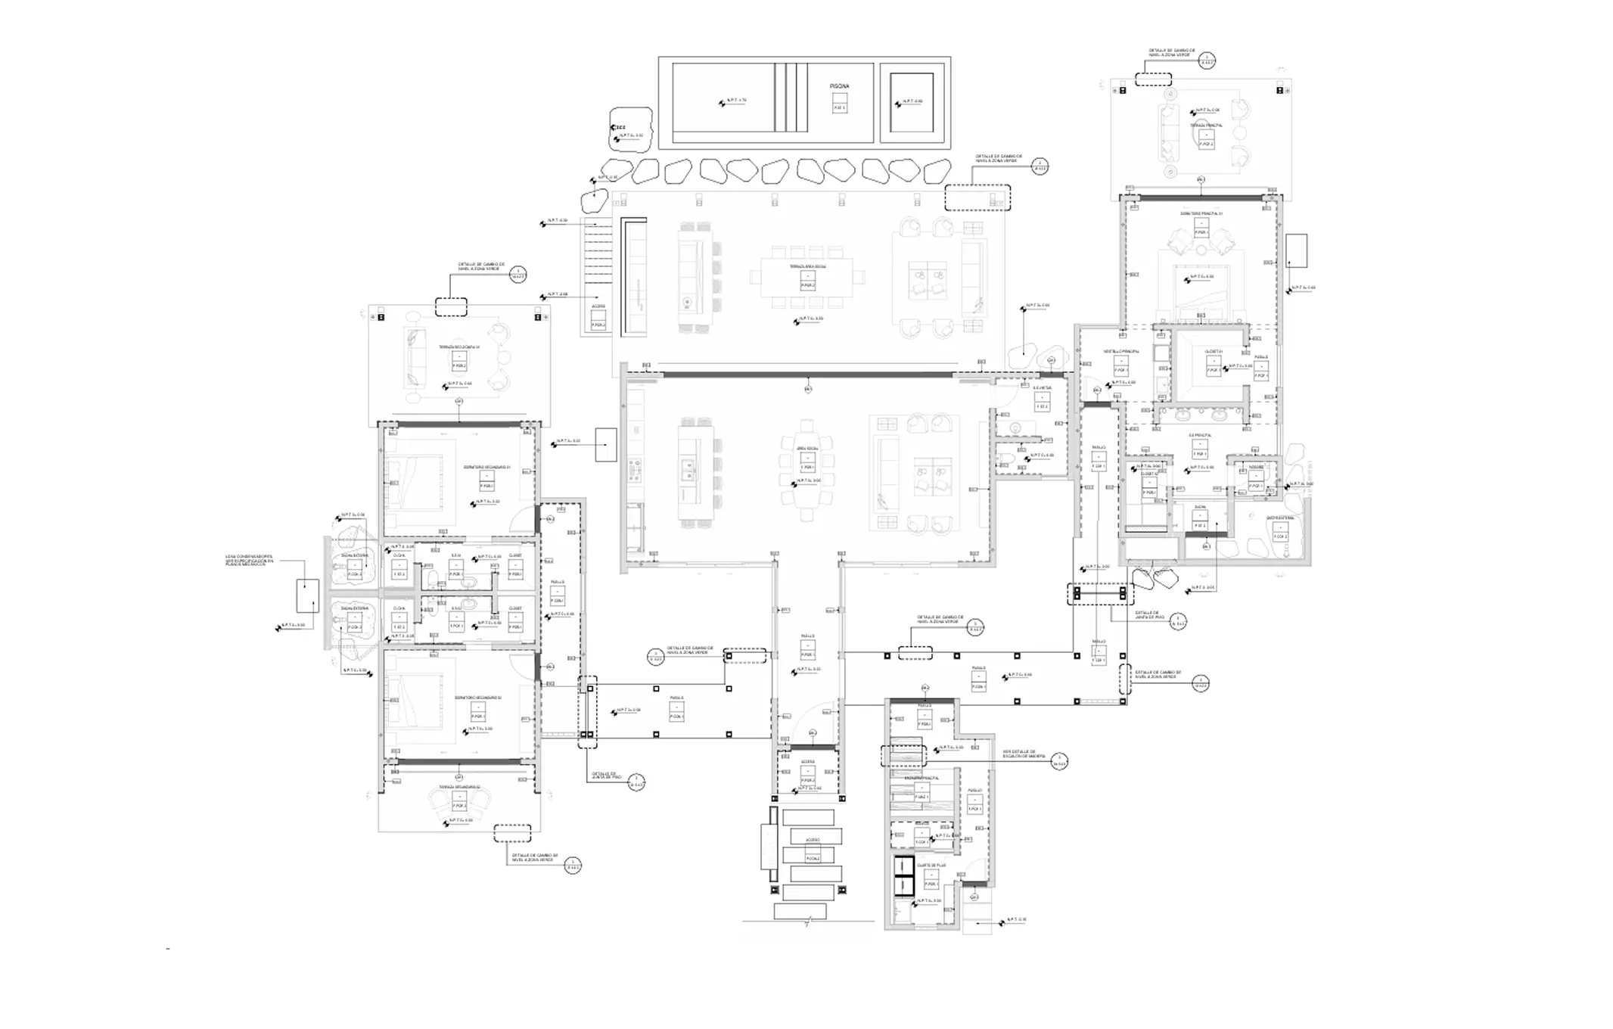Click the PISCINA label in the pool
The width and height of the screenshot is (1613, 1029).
click(x=839, y=86)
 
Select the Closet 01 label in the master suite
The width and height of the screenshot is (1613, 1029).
click(x=1214, y=351)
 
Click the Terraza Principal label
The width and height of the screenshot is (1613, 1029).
click(x=1206, y=126)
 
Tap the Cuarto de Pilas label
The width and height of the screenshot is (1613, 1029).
click(x=931, y=865)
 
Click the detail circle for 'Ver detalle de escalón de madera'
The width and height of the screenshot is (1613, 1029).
click(x=1061, y=760)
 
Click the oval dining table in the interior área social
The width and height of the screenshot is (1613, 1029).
click(x=807, y=468)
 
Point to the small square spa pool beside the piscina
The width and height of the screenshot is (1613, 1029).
click(x=912, y=102)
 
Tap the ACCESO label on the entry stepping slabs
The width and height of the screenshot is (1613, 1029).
click(x=813, y=840)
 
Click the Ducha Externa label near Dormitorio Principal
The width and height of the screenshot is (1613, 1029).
click(x=1280, y=518)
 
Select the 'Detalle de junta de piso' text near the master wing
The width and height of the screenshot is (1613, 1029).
click(x=1148, y=615)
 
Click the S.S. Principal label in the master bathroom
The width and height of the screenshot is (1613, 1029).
click(x=1200, y=436)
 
